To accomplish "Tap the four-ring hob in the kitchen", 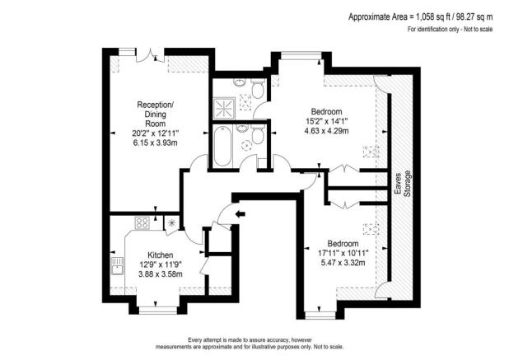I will coord(142,222).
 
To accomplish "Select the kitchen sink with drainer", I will coord(115,265).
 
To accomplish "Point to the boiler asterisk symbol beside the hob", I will coord(171,222).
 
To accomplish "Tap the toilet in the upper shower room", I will coord(257,89).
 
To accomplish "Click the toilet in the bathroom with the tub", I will coord(258,136).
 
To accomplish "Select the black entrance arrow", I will coord(240,216).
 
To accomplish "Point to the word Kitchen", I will coord(160,255).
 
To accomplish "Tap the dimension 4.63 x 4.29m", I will coord(327,130).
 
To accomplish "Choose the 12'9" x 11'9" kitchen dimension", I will coord(160,264).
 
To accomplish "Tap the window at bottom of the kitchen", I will coord(157,311).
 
